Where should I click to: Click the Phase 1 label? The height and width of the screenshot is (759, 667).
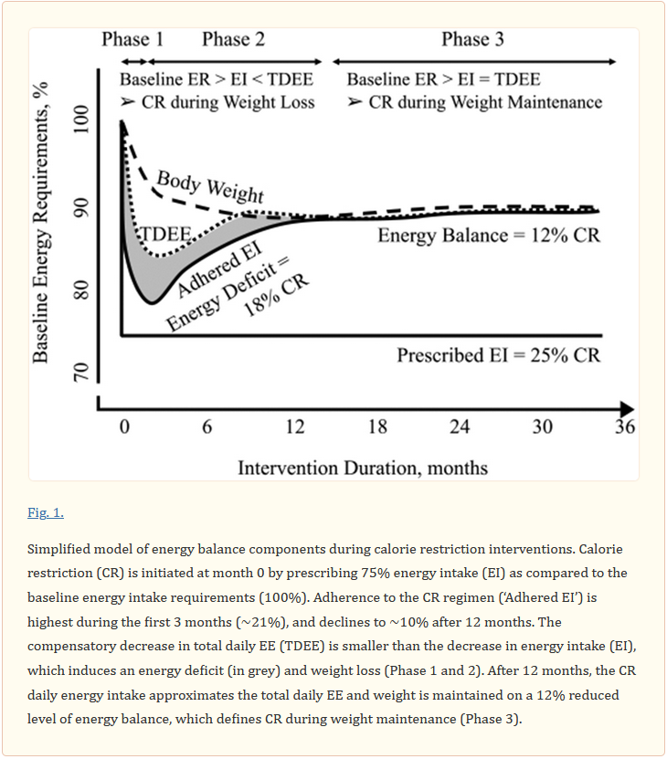pyautogui.click(x=132, y=39)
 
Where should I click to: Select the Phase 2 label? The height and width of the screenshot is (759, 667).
pyautogui.click(x=234, y=39)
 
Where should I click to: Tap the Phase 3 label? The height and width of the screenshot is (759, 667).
pyautogui.click(x=472, y=39)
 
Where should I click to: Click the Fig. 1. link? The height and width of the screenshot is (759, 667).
pyautogui.click(x=46, y=512)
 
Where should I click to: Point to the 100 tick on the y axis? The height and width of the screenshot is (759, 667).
pyautogui.click(x=81, y=120)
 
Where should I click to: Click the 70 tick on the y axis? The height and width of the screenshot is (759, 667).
pyautogui.click(x=81, y=372)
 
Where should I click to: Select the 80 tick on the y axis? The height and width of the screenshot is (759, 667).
pyautogui.click(x=81, y=290)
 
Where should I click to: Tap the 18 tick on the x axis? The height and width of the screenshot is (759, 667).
pyautogui.click(x=378, y=427)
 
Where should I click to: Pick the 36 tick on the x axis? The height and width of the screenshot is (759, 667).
pyautogui.click(x=625, y=427)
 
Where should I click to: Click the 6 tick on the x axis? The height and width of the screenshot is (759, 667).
pyautogui.click(x=206, y=427)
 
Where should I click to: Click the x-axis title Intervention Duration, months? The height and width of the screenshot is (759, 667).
pyautogui.click(x=363, y=468)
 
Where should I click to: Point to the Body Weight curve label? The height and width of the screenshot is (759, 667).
pyautogui.click(x=210, y=186)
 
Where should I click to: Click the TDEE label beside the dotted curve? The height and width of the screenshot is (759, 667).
pyautogui.click(x=165, y=235)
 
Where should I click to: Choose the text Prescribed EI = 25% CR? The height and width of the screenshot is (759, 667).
pyautogui.click(x=499, y=355)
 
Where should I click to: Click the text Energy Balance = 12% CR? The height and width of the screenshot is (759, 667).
pyautogui.click(x=489, y=236)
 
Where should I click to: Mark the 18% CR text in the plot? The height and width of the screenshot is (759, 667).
pyautogui.click(x=276, y=295)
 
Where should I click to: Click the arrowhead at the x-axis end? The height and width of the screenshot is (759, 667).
pyautogui.click(x=628, y=409)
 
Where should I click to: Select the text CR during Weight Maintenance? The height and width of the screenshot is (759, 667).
pyautogui.click(x=485, y=102)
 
